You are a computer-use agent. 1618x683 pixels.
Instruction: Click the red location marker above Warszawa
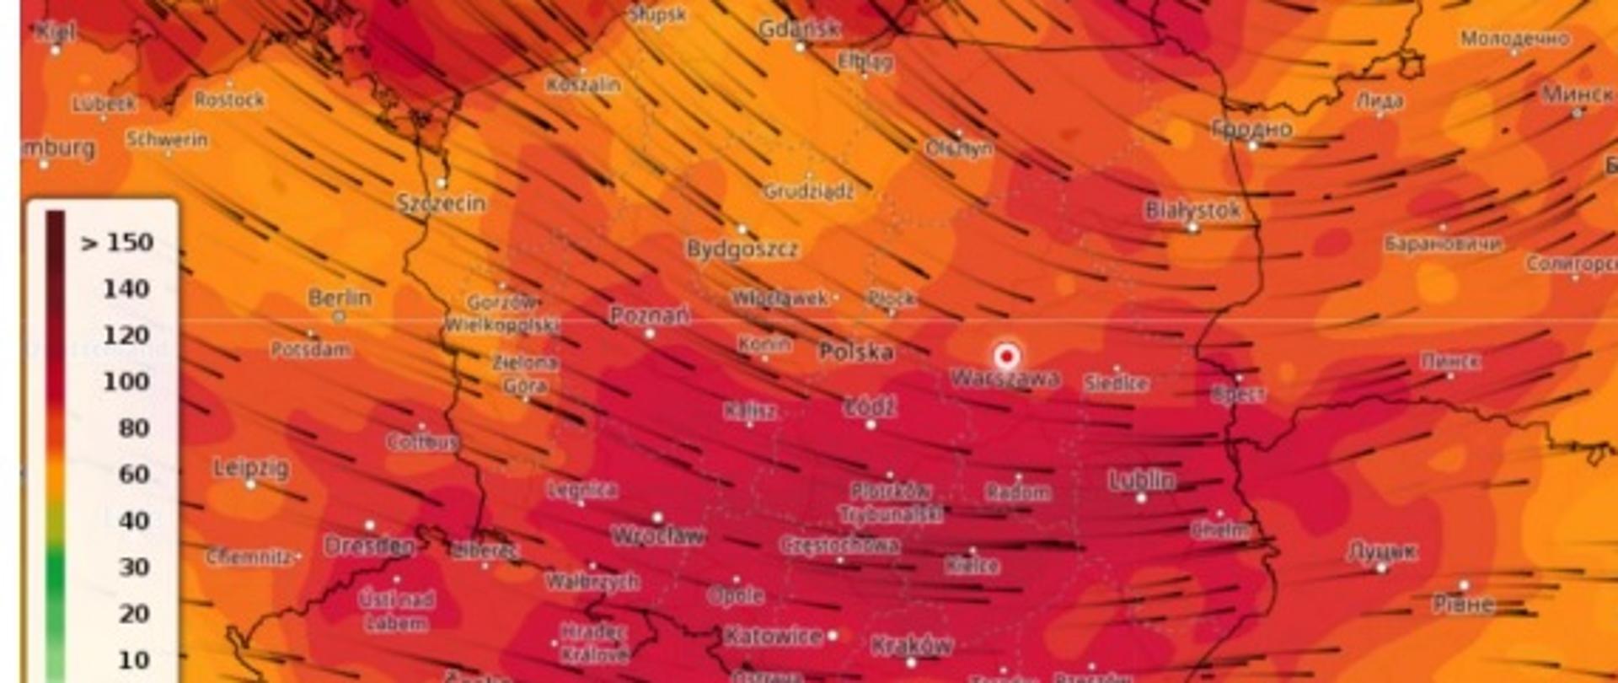click(1005, 356)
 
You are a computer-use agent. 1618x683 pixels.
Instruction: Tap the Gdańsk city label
click(799, 30)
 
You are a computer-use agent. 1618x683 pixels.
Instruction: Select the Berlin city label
click(340, 298)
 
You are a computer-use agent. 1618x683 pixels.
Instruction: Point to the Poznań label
click(649, 316)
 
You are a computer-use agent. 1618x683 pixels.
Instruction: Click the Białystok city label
click(1192, 210)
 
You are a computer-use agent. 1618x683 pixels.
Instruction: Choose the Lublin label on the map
click(1142, 481)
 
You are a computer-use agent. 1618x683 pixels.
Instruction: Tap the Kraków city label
click(912, 646)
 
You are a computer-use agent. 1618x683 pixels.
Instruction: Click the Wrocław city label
click(658, 535)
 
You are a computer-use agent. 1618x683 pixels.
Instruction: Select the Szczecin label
click(442, 203)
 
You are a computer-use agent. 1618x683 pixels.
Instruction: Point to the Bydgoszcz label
click(742, 250)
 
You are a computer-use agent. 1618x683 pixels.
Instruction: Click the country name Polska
click(856, 352)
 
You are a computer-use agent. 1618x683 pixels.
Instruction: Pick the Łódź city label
click(871, 408)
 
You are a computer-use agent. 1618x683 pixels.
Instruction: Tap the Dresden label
click(369, 546)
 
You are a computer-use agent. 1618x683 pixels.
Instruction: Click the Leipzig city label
click(251, 468)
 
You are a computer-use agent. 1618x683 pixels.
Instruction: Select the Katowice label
click(773, 636)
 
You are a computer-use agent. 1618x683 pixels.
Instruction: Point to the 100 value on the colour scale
click(127, 382)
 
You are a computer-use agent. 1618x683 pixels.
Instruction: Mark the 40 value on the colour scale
click(134, 521)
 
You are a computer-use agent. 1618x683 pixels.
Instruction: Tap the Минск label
click(1577, 94)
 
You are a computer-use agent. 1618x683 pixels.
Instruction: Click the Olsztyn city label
click(959, 149)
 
